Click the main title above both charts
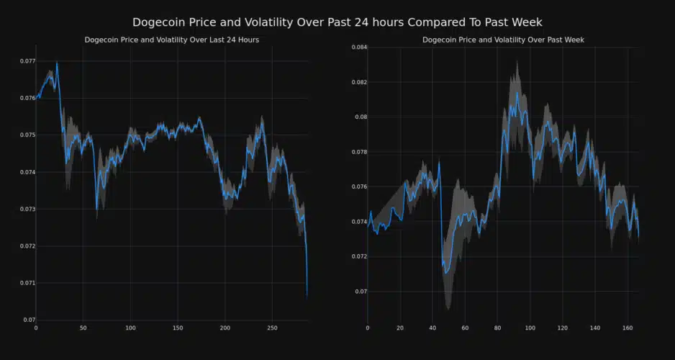[337, 22]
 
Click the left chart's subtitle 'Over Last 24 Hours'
[171, 40]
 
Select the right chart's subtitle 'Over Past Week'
[504, 40]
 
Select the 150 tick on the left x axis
[178, 328]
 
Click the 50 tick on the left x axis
[83, 328]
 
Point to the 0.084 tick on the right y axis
[358, 48]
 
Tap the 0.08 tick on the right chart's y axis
[360, 117]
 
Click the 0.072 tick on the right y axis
[358, 256]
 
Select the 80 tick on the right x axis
[497, 328]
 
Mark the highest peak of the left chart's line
[57, 63]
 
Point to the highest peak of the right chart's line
[517, 93]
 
